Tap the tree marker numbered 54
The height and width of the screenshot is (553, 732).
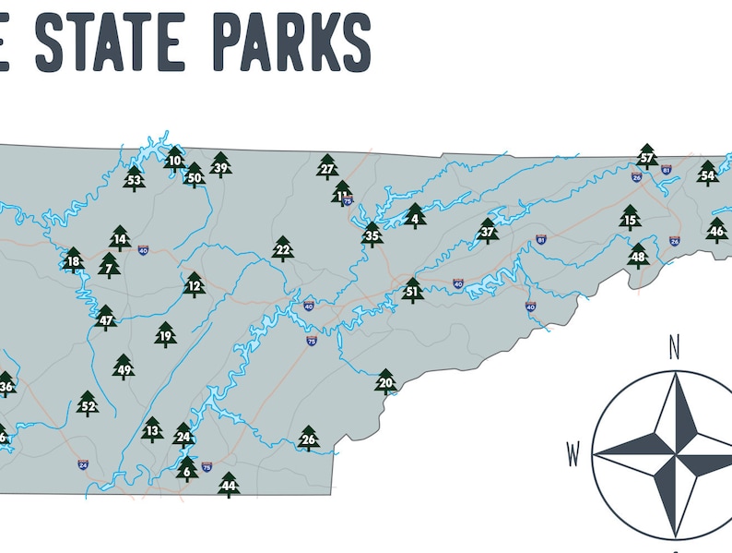(x=707, y=174)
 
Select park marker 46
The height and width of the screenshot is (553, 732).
(x=717, y=230)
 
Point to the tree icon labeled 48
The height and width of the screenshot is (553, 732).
(x=638, y=256)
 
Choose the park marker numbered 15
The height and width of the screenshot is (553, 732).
(x=630, y=219)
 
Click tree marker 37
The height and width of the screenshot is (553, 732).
(x=488, y=232)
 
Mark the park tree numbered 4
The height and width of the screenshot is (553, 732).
(x=415, y=218)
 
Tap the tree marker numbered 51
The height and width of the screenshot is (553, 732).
(x=412, y=292)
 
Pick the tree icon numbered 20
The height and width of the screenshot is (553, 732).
(x=385, y=382)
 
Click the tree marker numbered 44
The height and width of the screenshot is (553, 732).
(x=229, y=486)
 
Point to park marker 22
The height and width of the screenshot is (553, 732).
(x=283, y=249)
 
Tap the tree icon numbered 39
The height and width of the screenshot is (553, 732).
(x=220, y=166)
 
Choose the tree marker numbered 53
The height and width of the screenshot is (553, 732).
(x=135, y=179)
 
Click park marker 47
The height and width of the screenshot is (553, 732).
(x=106, y=320)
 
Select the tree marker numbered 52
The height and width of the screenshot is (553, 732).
(x=88, y=404)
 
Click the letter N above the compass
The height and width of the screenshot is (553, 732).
(x=674, y=348)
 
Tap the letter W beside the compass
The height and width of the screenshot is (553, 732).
(x=573, y=454)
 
